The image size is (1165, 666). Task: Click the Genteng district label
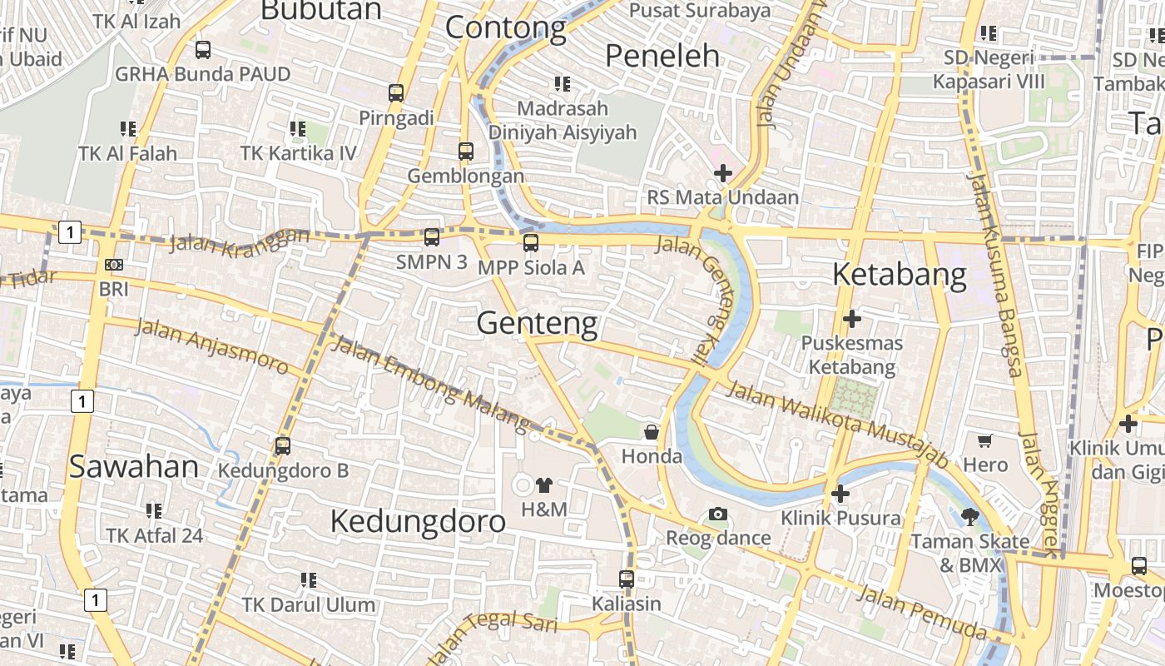point(537,323)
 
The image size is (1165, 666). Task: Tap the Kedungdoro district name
point(418,521)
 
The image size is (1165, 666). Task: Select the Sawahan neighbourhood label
point(133,467)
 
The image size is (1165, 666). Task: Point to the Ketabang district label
point(899,274)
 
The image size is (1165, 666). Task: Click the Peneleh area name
point(662,56)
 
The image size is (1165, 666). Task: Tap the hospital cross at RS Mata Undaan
point(723,173)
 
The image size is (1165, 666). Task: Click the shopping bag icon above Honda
point(652,432)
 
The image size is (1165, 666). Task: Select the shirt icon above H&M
point(544,485)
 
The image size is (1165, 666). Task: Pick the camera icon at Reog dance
point(718,514)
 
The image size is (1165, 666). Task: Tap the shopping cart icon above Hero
point(985,440)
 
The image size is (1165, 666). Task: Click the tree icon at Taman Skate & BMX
point(969,517)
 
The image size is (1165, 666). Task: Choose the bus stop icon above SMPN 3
point(431,237)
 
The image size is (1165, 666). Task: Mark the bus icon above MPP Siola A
point(531,243)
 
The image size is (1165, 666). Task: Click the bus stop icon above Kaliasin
point(627,579)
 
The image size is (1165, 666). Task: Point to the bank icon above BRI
point(114,265)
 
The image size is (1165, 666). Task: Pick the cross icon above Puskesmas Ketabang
point(851,318)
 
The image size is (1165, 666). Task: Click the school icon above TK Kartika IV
point(297,129)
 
